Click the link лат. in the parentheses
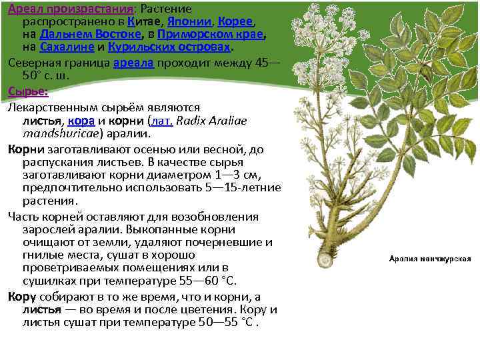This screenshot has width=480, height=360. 162,121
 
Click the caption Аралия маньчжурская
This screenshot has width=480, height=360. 430,258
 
